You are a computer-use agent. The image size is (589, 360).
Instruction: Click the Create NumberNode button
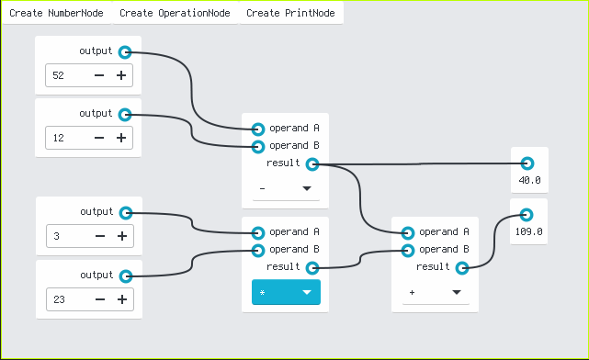[56, 13]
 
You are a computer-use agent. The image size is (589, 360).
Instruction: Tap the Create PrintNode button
[290, 13]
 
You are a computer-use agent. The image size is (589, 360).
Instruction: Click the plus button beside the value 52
[121, 75]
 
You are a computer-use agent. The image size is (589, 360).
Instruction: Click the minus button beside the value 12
[99, 138]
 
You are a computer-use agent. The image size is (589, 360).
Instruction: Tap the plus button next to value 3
[122, 236]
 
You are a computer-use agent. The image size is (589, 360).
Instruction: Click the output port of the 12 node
[125, 115]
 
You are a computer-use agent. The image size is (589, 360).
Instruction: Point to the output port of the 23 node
[126, 276]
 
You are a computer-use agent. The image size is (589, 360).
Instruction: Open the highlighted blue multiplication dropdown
[286, 292]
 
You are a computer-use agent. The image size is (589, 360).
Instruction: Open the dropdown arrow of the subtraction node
[307, 188]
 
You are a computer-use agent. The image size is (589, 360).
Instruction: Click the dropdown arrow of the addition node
[457, 292]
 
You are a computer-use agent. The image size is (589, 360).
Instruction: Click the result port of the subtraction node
[312, 164]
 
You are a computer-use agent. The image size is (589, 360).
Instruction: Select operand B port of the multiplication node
[258, 251]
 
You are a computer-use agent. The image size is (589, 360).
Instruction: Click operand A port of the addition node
[408, 232]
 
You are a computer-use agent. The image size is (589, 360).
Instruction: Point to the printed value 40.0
[529, 180]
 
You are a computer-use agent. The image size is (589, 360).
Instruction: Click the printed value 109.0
[528, 231]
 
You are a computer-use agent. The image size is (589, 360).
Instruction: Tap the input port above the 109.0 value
[527, 215]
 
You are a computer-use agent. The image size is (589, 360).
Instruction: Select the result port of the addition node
[462, 268]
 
